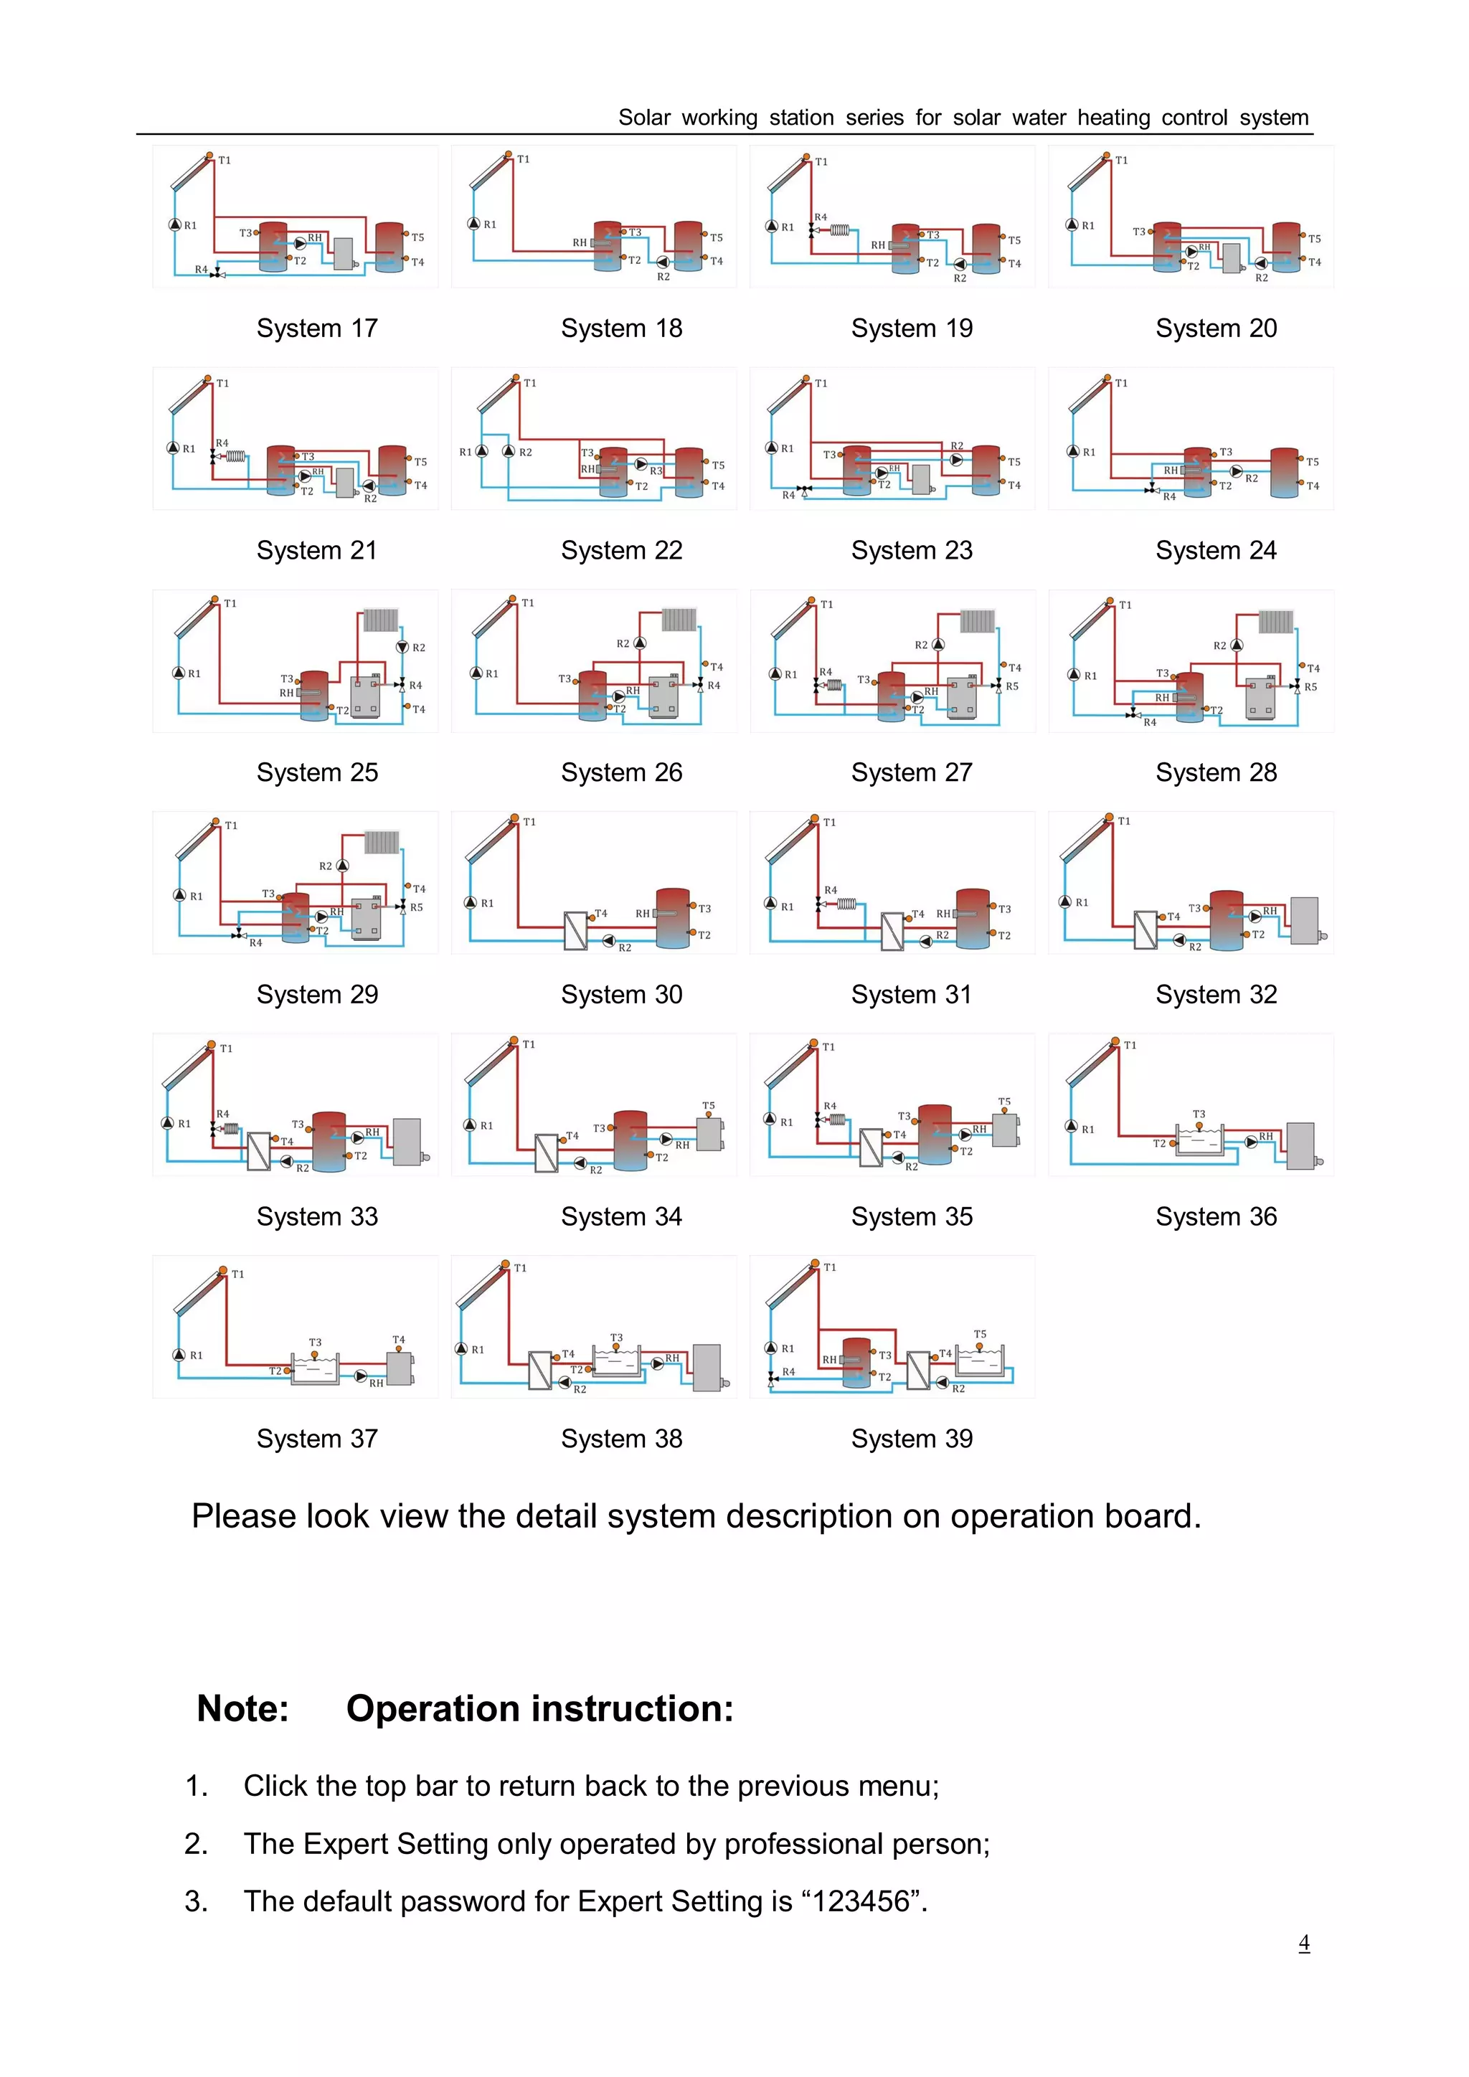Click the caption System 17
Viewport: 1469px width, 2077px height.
click(x=316, y=328)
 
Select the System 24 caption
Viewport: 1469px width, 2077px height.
click(x=1215, y=550)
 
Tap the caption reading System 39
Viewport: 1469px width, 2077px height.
click(x=911, y=1439)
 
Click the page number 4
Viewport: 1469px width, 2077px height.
click(x=1303, y=1942)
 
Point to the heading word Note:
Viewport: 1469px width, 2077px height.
click(x=242, y=1709)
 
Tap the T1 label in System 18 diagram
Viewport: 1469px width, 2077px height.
click(x=523, y=159)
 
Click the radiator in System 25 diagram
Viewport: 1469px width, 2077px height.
click(x=381, y=620)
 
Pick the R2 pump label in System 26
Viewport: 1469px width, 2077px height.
click(x=623, y=643)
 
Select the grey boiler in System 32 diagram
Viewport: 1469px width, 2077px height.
click(x=1304, y=921)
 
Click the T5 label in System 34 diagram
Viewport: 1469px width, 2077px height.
click(x=708, y=1105)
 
